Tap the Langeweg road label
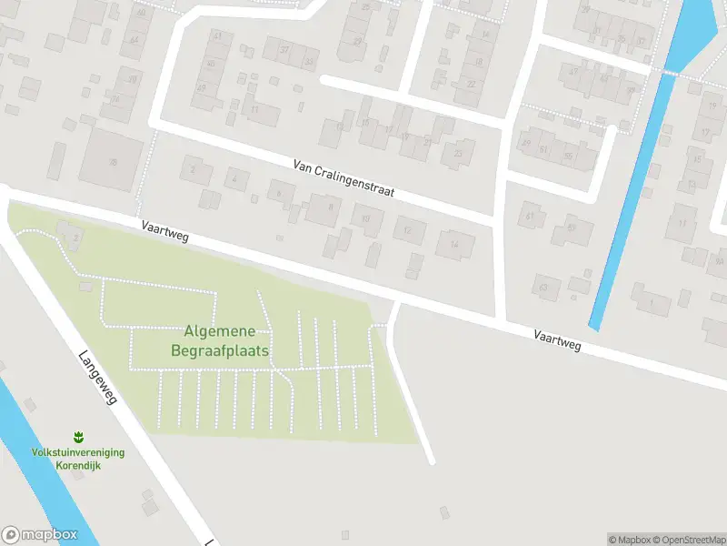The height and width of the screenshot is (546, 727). coord(99,378)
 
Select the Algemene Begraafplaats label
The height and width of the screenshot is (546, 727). coord(219,340)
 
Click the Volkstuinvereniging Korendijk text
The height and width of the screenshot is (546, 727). coord(78,458)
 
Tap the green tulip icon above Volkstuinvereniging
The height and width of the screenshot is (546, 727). coord(78,437)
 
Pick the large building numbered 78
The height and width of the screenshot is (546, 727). coord(113,162)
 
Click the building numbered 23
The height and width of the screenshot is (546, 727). coord(458,153)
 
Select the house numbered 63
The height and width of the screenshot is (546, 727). coord(544,288)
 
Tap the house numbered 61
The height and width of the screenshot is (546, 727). coord(529,216)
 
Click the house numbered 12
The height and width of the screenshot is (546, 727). coord(408,230)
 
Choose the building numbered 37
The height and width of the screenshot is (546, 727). coord(284,49)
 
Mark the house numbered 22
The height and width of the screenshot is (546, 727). coord(471,84)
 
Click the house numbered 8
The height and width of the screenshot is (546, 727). coord(331,207)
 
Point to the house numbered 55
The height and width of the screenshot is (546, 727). coord(569,156)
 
